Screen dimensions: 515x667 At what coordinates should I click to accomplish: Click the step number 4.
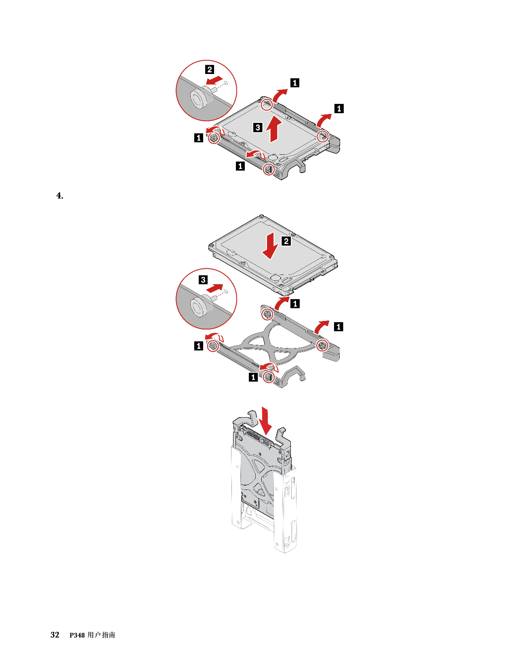59,196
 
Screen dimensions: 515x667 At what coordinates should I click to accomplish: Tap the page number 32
55,635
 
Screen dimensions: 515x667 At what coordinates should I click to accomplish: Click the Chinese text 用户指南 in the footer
101,635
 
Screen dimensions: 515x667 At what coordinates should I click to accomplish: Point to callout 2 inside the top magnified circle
210,70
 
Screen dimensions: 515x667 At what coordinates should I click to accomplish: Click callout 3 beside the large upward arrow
258,127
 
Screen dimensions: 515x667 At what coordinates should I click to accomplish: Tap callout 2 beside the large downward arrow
286,241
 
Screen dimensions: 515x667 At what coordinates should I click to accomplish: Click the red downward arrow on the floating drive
271,245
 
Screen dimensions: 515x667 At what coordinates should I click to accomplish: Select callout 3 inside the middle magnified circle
203,280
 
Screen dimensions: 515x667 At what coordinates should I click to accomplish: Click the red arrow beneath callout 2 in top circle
214,80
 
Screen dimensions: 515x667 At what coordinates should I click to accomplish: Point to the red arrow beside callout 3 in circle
215,288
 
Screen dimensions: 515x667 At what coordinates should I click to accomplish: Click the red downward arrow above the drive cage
266,420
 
